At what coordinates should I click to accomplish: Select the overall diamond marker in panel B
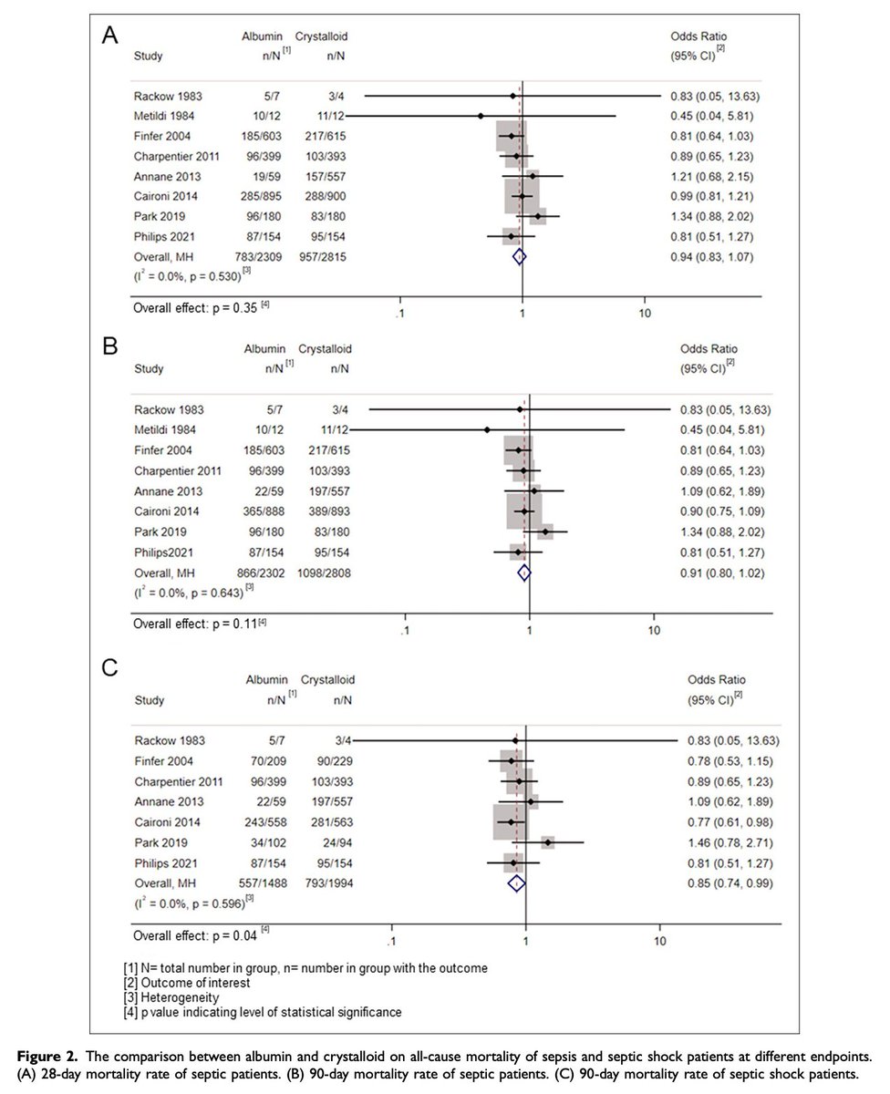pos(523,573)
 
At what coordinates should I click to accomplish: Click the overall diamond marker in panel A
pos(519,257)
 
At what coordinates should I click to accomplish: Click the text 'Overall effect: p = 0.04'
pos(197,935)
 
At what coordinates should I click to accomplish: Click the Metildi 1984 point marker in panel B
pos(488,429)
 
